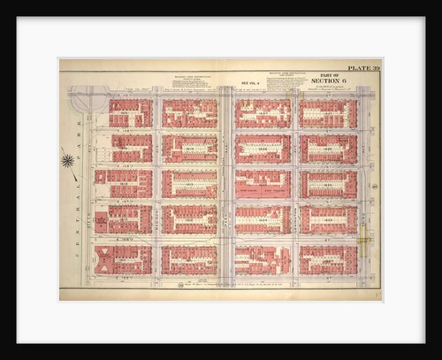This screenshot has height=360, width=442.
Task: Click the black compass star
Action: click(x=68, y=160)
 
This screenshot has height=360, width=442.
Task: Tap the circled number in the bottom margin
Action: click(x=179, y=286)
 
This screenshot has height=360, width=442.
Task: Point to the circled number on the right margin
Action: click(x=374, y=187)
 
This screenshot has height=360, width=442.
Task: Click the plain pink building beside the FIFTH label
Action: click(x=100, y=222)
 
